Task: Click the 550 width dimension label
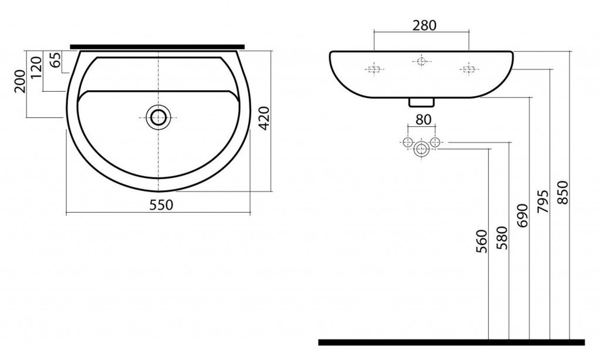coord(161,205)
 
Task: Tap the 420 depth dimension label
coord(265,119)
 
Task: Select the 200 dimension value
coord(19,81)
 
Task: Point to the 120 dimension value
coord(36,68)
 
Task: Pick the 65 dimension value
coord(56,60)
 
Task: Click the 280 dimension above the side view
coord(424,25)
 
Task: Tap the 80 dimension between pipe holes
coord(423,120)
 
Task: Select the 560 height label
coord(481,241)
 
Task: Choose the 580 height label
coord(502,238)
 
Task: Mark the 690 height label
coord(522,216)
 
